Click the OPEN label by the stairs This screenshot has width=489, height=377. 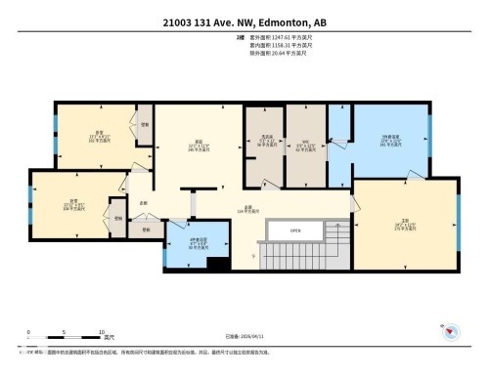tap(296, 231)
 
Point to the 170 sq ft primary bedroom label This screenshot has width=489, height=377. tap(403, 224)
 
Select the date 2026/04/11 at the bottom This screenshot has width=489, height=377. tap(252, 338)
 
